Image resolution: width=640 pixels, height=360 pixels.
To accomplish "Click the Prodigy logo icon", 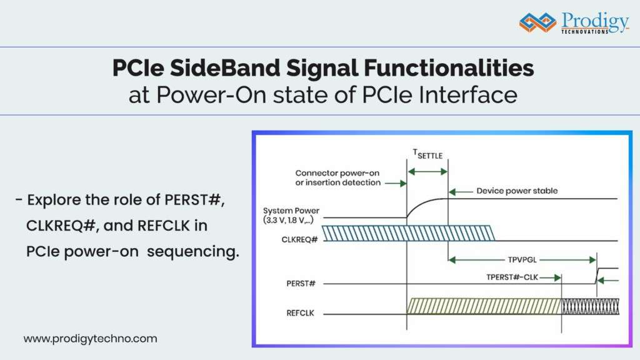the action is click(537, 22).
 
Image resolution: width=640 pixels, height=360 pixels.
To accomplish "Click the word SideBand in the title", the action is click(224, 67).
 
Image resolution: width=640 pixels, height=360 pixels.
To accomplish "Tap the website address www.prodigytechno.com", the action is click(90, 339).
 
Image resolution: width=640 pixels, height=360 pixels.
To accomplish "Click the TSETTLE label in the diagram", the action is click(427, 154).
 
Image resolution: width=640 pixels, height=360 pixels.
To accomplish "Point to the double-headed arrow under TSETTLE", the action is click(427, 172).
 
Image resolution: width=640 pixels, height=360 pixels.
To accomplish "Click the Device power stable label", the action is click(517, 191).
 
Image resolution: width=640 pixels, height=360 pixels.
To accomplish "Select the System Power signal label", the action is click(291, 215).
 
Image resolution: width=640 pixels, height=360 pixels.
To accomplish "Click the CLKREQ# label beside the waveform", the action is click(299, 239).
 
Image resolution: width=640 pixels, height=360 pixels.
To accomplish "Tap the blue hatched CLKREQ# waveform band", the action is click(408, 233).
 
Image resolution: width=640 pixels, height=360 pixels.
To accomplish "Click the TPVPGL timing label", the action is click(522, 259).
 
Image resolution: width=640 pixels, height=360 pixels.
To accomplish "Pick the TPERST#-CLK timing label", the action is click(512, 277).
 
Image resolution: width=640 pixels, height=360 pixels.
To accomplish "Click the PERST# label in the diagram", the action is click(301, 283).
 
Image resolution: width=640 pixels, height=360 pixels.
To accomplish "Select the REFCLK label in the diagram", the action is click(301, 313).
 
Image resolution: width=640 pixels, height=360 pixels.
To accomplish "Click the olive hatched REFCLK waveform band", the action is click(484, 306).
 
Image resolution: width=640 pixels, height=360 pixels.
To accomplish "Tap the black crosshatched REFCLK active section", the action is click(591, 306).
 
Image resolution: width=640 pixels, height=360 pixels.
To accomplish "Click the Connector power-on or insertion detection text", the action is click(337, 178).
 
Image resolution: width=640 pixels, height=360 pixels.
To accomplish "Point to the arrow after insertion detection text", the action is click(396, 184).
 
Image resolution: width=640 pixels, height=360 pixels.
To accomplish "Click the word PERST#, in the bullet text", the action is click(194, 200).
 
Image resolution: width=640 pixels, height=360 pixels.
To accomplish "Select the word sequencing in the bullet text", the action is click(193, 251).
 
